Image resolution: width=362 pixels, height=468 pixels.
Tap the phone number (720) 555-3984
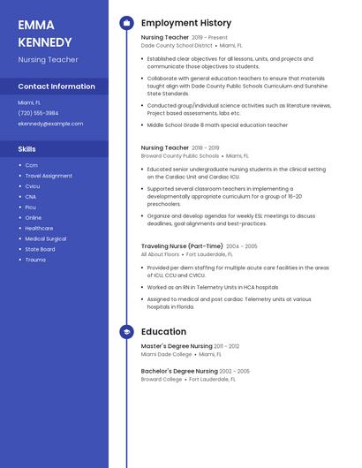(x=38, y=113)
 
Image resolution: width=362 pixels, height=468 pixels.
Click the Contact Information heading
(x=57, y=87)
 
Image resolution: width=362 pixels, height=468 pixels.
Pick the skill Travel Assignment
(x=49, y=176)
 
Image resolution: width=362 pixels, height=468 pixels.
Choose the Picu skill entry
(x=31, y=208)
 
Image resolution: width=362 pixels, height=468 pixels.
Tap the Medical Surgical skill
(x=45, y=238)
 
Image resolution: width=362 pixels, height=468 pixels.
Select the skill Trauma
(x=35, y=260)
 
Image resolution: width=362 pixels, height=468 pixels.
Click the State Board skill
(x=40, y=249)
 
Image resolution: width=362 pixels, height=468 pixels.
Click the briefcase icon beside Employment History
(x=126, y=23)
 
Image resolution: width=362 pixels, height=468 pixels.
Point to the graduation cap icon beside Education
(x=126, y=332)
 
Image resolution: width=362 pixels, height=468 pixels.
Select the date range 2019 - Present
(x=209, y=38)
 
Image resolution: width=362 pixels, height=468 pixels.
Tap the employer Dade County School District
(x=177, y=46)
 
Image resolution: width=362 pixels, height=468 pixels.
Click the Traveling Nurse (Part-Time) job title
(x=181, y=246)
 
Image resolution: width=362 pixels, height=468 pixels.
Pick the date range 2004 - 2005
(x=241, y=246)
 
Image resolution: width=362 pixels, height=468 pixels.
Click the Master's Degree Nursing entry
(x=177, y=346)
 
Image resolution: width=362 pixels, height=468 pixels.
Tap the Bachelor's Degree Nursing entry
(x=179, y=371)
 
